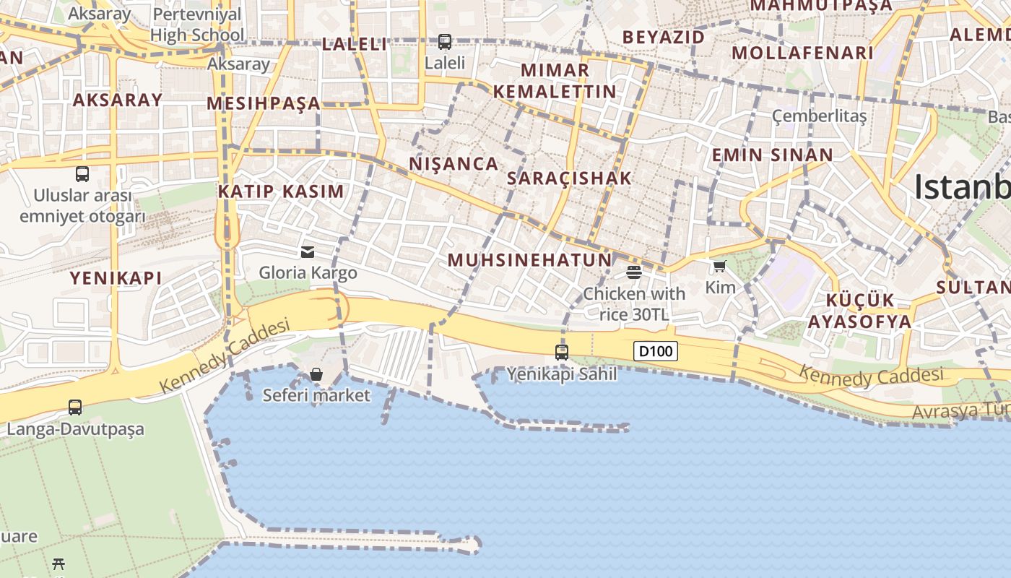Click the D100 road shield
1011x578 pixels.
(656, 352)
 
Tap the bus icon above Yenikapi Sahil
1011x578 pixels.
(562, 353)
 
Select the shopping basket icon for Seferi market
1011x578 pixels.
(316, 374)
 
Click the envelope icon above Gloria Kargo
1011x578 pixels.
(308, 251)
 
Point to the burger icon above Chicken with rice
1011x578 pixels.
(634, 272)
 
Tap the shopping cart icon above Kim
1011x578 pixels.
(719, 267)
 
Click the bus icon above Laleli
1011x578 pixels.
(445, 42)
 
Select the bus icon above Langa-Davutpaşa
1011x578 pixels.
(75, 407)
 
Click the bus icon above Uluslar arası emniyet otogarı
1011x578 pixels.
(82, 174)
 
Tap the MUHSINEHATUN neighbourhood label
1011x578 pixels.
(529, 260)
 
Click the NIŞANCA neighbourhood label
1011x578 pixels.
(454, 164)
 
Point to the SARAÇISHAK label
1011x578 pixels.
(569, 178)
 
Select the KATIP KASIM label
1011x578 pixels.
(281, 191)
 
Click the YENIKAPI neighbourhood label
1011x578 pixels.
(116, 278)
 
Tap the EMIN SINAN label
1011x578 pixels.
(772, 155)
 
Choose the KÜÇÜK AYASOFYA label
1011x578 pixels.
(859, 311)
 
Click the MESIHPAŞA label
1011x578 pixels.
(264, 103)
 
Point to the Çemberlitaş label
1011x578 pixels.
(819, 116)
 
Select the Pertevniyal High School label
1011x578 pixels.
(197, 24)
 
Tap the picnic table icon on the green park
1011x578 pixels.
(58, 564)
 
